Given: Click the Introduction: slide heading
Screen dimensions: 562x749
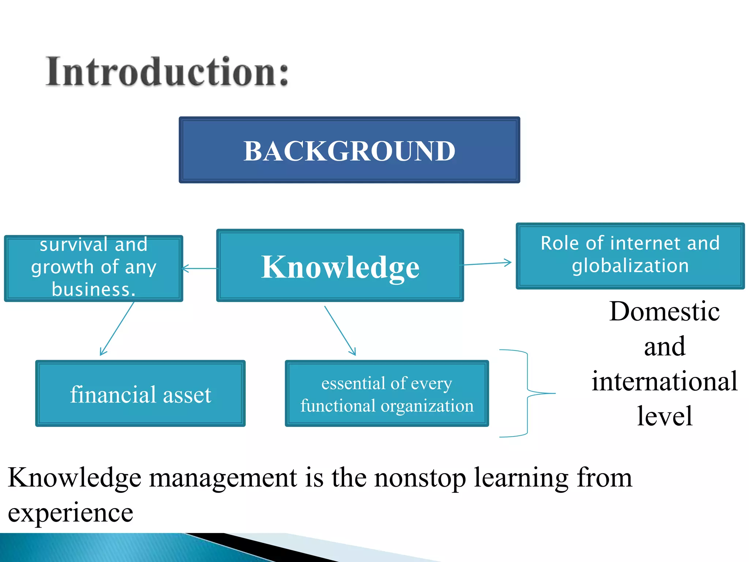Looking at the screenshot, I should [167, 72].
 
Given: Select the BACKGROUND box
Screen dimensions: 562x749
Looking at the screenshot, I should [349, 150].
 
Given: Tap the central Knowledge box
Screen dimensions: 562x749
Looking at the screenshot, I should [340, 266].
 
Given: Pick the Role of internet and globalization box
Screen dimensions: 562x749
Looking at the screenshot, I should [630, 255].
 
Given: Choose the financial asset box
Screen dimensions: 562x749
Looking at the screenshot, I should [140, 393].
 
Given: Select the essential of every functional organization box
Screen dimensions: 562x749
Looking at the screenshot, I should [387, 394].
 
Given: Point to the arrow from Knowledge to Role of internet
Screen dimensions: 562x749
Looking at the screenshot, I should [486, 263].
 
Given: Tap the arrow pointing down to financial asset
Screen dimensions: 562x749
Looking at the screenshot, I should [117, 329].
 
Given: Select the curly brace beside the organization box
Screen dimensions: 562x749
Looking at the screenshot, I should [527, 393].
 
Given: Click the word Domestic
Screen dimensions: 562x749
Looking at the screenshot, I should [664, 312].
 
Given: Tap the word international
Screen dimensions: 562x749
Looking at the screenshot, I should [664, 381].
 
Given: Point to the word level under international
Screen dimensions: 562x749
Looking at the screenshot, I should [664, 416].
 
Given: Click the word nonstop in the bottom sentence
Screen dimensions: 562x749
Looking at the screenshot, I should [420, 478].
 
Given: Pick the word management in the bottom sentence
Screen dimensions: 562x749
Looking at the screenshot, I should [223, 478].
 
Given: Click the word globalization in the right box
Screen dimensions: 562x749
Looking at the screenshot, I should [630, 266].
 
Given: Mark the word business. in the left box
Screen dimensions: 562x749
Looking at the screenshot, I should [94, 289].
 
